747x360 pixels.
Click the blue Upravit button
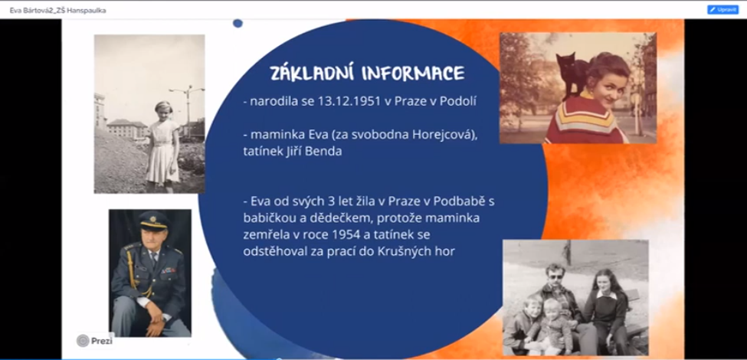[x=722, y=9]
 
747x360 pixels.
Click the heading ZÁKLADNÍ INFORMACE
[x=367, y=74]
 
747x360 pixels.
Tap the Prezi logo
[x=95, y=341]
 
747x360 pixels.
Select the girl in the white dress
[x=163, y=146]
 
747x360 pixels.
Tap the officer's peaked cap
[x=153, y=220]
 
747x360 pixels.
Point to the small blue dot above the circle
[x=238, y=23]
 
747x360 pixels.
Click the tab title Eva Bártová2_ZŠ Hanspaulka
[x=57, y=10]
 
